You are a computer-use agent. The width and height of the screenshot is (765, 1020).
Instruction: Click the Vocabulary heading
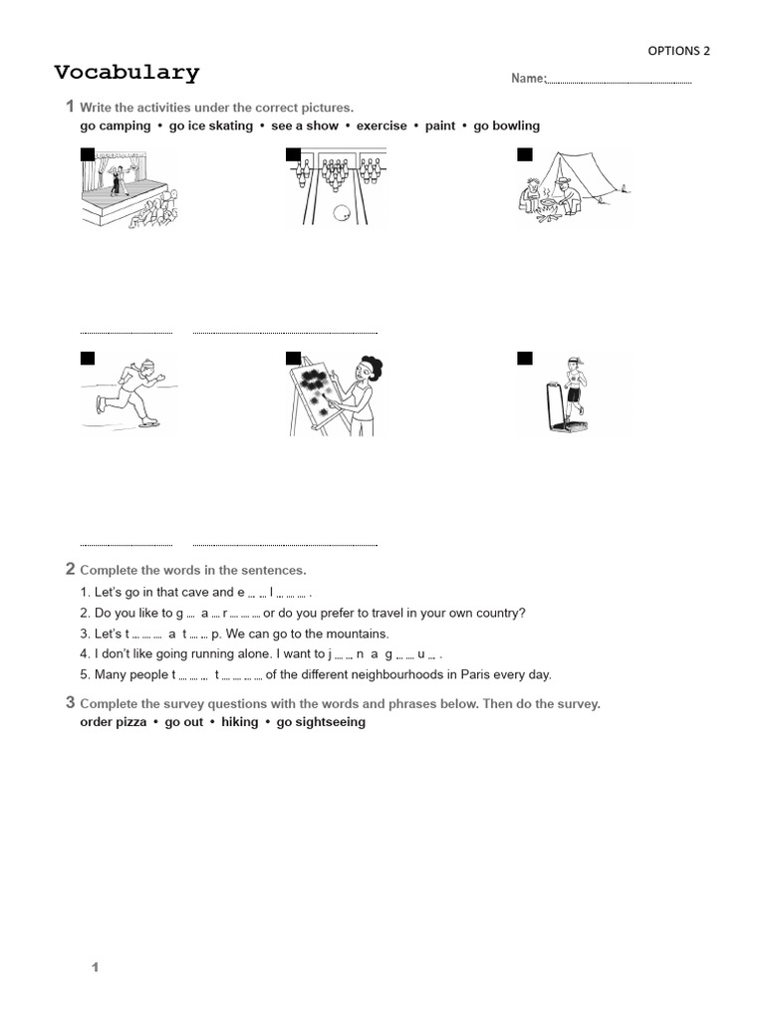point(127,73)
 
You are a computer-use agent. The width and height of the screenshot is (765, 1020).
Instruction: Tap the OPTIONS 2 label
point(679,51)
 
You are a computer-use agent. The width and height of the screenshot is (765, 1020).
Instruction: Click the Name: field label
point(528,79)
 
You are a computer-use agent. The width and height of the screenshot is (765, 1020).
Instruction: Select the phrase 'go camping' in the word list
point(115,126)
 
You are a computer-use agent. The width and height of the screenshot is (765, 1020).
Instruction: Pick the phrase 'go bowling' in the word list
point(506,126)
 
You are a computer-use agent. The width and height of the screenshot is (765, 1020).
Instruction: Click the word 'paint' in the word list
point(439,126)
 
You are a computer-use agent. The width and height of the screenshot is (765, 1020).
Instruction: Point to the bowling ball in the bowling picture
point(343,211)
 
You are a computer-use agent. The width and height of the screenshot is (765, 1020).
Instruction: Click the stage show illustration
point(129,189)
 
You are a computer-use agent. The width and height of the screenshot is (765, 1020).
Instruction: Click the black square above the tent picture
point(525,153)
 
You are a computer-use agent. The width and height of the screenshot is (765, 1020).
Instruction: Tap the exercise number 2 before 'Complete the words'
point(70,569)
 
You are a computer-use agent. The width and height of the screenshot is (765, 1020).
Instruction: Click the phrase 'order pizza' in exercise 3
point(113,722)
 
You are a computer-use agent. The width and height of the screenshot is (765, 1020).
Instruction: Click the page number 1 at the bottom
point(96,967)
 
